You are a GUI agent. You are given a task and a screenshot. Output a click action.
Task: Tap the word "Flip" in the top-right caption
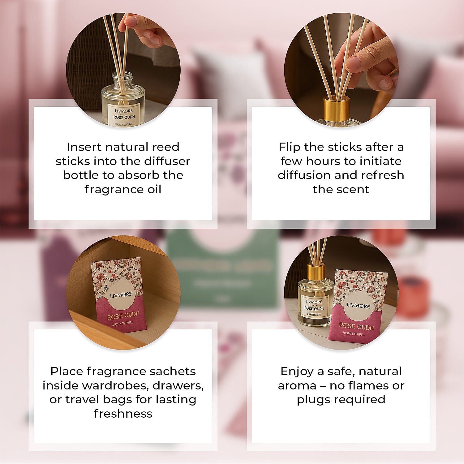pyautogui.click(x=289, y=147)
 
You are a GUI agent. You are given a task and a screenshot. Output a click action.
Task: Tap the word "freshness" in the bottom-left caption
pyautogui.click(x=123, y=414)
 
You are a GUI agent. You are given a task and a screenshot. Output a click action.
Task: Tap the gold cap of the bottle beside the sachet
pyautogui.click(x=316, y=271)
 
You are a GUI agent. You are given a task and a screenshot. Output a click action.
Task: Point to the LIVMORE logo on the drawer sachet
pyautogui.click(x=121, y=295)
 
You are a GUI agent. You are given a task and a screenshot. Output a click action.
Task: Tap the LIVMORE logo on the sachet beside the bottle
pyautogui.click(x=358, y=306)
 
